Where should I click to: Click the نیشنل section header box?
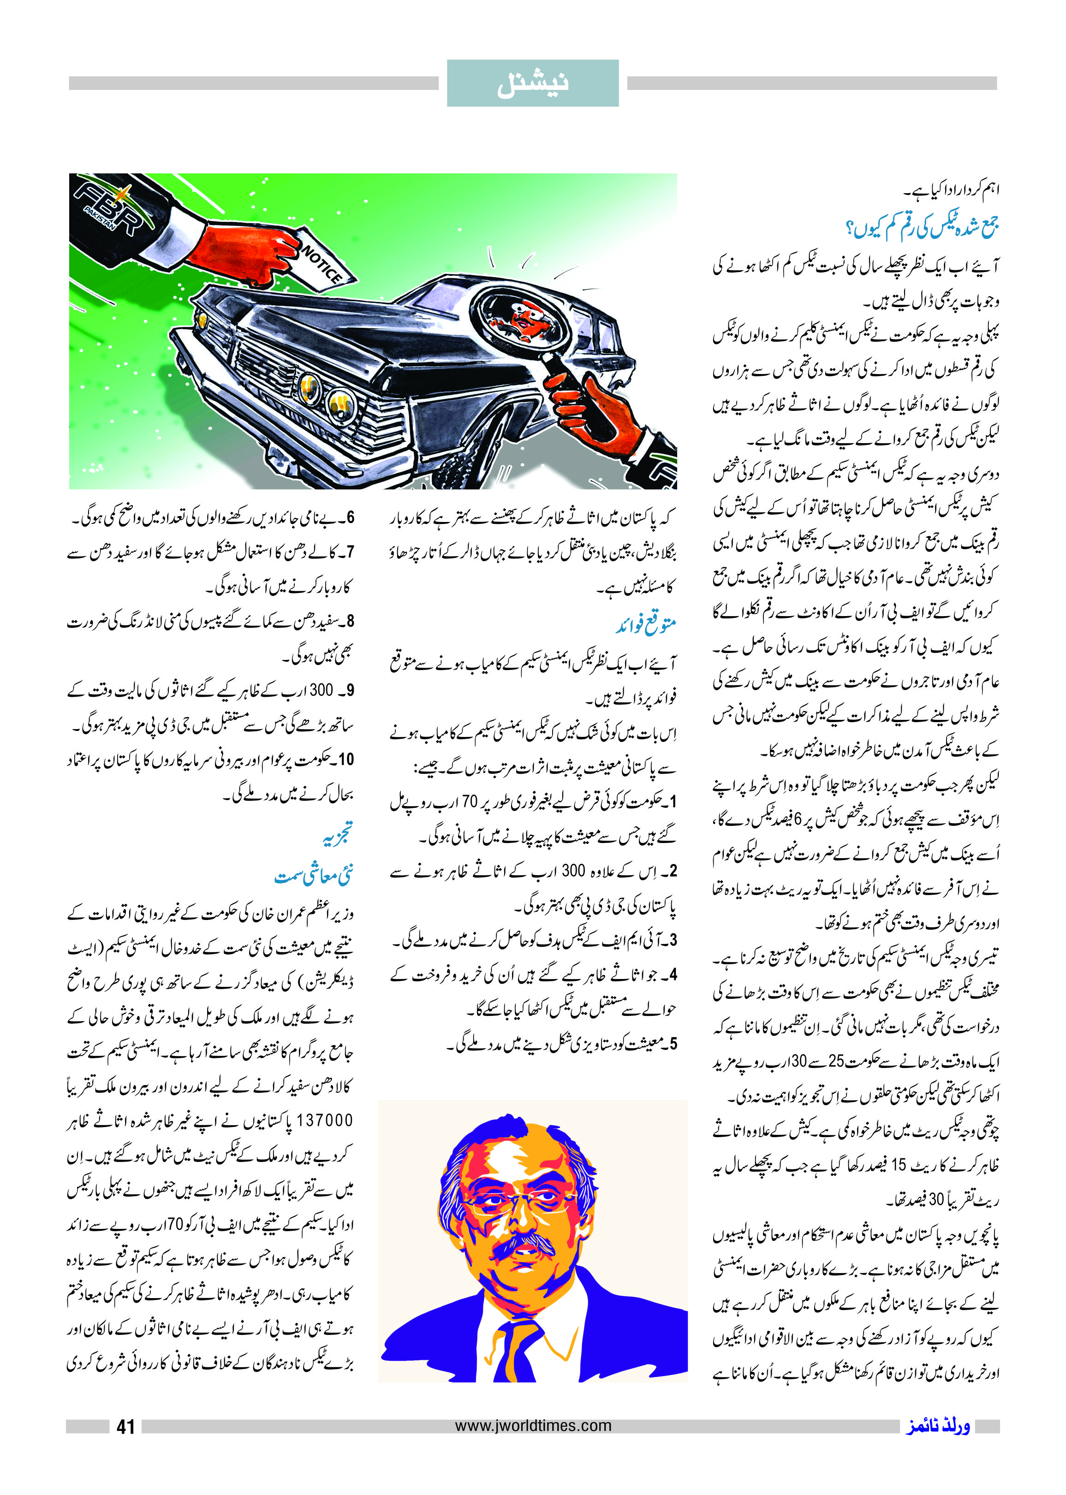[532, 83]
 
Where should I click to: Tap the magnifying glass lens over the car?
[523, 318]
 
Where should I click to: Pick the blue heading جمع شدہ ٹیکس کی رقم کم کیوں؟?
[922, 227]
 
